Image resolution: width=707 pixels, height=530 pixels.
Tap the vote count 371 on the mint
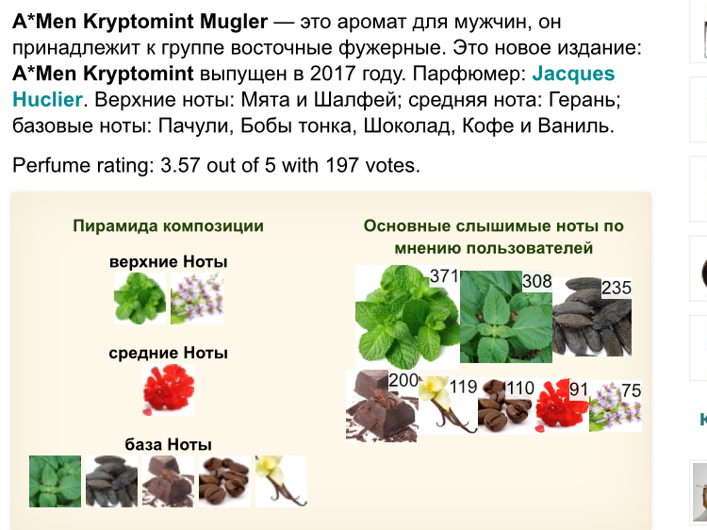(x=444, y=275)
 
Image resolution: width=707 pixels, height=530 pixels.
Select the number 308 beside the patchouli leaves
(x=537, y=281)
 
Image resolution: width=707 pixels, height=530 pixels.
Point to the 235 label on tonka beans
(x=617, y=288)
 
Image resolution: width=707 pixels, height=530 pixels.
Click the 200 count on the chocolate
(x=403, y=380)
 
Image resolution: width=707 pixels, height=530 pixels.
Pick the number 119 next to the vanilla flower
(x=463, y=387)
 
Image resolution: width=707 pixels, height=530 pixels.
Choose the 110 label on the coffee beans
(x=519, y=388)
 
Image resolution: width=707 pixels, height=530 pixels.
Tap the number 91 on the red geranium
(x=579, y=389)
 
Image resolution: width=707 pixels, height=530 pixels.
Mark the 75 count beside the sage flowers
(x=632, y=390)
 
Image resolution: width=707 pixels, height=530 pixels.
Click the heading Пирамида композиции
(x=168, y=225)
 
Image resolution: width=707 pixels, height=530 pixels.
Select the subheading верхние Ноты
(x=168, y=261)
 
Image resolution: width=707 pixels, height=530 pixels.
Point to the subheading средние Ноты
(x=168, y=353)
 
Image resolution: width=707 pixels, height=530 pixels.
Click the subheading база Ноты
(x=168, y=444)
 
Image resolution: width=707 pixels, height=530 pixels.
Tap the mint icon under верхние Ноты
(x=140, y=298)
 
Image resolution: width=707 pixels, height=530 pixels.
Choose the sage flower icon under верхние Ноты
(x=197, y=298)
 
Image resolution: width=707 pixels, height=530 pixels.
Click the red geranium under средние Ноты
(x=168, y=389)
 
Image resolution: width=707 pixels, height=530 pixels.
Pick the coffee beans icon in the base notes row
(x=224, y=481)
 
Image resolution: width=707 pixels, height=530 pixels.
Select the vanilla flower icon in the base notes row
(x=281, y=481)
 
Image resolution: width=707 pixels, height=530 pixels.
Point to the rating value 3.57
(x=180, y=165)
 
